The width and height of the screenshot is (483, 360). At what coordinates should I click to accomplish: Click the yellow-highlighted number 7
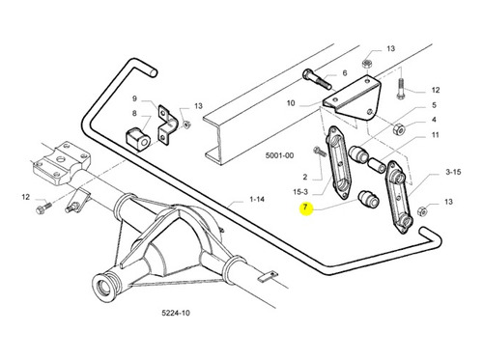(305, 208)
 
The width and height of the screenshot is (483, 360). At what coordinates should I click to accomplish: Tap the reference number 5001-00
(279, 155)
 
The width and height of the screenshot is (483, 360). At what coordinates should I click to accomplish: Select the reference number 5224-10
(176, 313)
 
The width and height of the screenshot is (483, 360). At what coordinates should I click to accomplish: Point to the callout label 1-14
(257, 200)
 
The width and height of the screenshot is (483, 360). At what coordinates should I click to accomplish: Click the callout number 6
(345, 73)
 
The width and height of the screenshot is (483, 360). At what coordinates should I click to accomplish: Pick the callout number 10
(291, 103)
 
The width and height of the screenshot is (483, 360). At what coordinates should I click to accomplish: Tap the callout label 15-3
(300, 192)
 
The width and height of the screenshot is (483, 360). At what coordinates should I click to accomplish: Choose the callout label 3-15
(453, 172)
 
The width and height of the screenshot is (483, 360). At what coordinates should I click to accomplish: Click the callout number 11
(435, 135)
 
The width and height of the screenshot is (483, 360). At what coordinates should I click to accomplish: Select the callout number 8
(134, 113)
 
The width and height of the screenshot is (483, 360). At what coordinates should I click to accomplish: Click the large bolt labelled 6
(317, 79)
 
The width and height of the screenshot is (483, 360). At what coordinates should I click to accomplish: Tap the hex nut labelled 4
(399, 129)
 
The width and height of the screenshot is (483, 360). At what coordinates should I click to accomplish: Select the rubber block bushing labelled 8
(137, 140)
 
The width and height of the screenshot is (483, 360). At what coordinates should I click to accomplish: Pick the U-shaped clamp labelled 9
(168, 125)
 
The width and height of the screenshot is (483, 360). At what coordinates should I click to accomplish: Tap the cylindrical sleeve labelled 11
(377, 165)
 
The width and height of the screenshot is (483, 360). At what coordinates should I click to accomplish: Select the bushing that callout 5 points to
(360, 153)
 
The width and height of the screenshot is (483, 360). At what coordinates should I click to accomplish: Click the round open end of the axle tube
(103, 286)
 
